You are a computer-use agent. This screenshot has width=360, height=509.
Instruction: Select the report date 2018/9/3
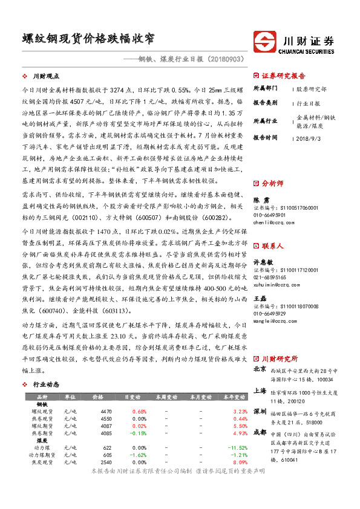coord(310,138)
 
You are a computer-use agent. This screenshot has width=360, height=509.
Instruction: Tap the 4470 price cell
coord(105,412)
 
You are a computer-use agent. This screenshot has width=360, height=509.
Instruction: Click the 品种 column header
coord(42,397)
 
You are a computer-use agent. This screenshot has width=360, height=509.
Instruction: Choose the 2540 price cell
coord(105,462)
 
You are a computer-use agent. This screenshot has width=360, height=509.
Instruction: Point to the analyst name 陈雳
coord(257,199)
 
